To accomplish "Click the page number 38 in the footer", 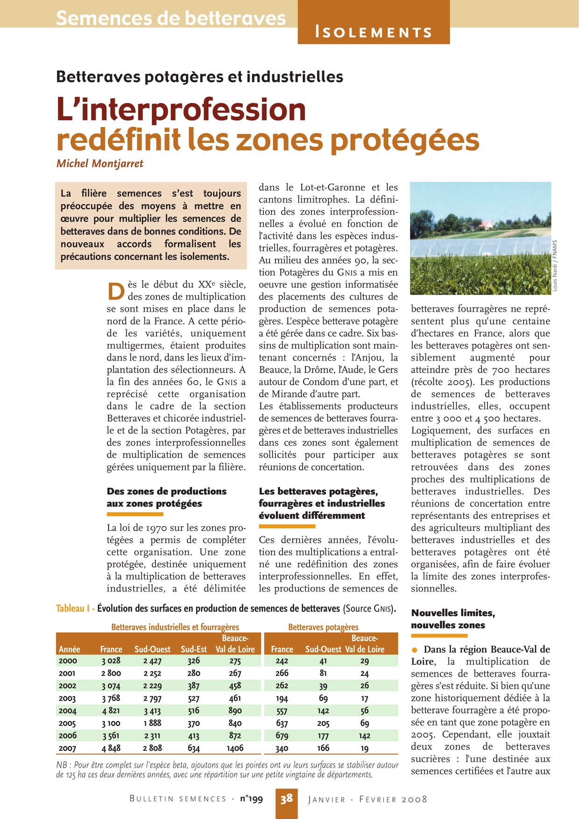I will [286, 798].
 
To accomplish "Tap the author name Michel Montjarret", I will [99, 163].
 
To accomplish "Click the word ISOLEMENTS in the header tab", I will [374, 32].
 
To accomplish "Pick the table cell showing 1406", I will [235, 748].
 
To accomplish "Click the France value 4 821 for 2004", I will [111, 710].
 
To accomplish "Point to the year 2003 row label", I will [67, 698].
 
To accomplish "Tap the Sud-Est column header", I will [194, 649].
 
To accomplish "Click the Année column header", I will [70, 649].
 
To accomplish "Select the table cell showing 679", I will [282, 735].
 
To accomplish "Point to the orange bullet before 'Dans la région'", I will [414, 650].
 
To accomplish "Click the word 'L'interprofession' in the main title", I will [181, 110].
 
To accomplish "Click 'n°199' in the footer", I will [251, 798].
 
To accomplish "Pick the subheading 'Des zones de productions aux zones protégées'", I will [166, 497].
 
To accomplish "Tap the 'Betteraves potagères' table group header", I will [323, 627].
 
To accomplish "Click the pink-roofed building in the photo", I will [487, 224].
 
